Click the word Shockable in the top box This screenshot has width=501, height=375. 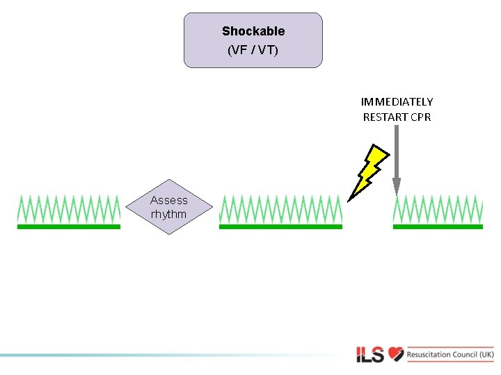coord(253,31)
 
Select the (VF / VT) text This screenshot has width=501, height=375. coord(253,50)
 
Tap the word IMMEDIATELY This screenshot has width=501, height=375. coord(397,102)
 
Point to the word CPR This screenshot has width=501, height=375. coord(421,117)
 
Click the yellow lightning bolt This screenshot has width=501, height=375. coord(369,171)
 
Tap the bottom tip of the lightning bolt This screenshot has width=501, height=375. coord(349,200)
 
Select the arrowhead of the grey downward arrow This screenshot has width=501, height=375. coord(397,186)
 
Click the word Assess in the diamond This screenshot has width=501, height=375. coord(169,200)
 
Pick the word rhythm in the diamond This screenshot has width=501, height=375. coord(169,214)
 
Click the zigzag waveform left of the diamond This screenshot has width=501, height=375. coord(68,209)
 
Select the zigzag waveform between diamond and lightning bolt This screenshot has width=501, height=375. coord(280,209)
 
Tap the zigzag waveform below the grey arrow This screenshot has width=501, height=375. coord(438,209)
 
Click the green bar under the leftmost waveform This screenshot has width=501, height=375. coord(68,226)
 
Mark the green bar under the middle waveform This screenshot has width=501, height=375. coord(280,226)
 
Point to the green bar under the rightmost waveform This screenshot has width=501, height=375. coord(438,226)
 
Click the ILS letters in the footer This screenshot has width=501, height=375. coord(370,355)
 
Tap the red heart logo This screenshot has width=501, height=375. coord(396,354)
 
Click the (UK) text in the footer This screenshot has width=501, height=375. coord(486,355)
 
